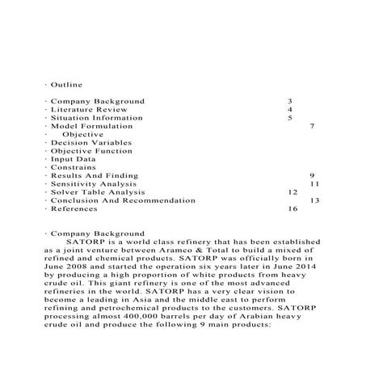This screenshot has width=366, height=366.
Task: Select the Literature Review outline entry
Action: [86, 109]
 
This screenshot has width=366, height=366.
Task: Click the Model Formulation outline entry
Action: [90, 126]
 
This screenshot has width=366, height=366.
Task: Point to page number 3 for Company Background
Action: [289, 101]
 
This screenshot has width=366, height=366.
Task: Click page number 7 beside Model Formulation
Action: [312, 126]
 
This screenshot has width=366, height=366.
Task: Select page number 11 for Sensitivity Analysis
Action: [315, 184]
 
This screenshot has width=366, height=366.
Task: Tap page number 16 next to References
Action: [292, 208]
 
